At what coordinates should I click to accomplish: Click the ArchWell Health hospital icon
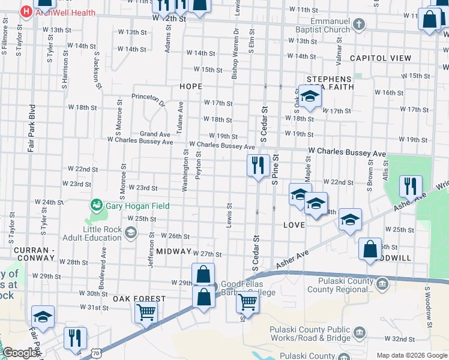click(x=27, y=11)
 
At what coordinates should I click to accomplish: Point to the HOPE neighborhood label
click(x=191, y=86)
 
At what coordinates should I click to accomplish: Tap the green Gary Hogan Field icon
click(x=95, y=206)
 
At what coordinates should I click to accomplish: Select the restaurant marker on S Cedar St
click(x=258, y=166)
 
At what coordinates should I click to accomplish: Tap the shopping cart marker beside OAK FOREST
click(x=146, y=313)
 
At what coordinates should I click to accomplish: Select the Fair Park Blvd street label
click(x=31, y=129)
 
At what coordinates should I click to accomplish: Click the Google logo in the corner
click(x=19, y=353)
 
